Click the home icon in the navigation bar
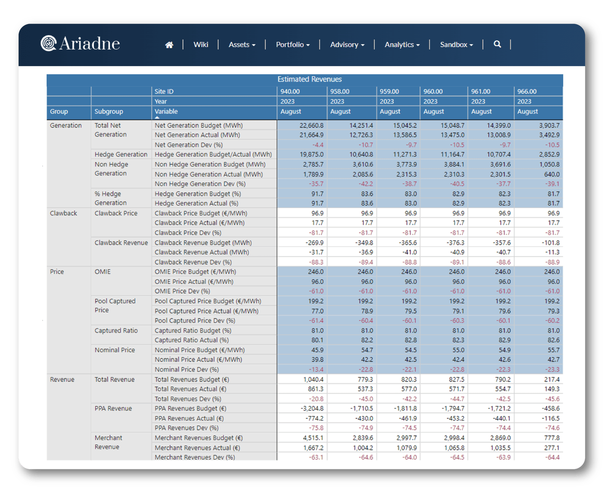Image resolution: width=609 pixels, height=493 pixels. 169,45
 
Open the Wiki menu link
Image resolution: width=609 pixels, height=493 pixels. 201,45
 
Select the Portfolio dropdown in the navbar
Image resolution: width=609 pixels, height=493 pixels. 293,45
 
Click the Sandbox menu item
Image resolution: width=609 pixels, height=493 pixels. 456,45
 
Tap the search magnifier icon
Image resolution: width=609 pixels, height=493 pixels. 497,44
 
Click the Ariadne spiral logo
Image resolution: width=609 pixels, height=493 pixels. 48,43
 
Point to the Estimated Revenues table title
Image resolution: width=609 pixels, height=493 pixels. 309,79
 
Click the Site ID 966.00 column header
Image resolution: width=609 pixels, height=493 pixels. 527,91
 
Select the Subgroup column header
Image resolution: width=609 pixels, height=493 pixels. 109,111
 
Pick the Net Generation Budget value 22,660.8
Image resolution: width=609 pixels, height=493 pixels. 311,126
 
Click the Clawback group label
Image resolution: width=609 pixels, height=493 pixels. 64,213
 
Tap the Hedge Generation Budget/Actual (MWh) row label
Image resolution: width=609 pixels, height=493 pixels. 213,155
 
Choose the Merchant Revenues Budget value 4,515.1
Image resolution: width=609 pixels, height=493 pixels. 313,438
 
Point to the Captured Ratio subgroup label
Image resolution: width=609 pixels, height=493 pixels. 116,331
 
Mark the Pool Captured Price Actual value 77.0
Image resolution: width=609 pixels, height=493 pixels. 317,311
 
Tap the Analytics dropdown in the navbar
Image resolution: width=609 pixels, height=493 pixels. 402,45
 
